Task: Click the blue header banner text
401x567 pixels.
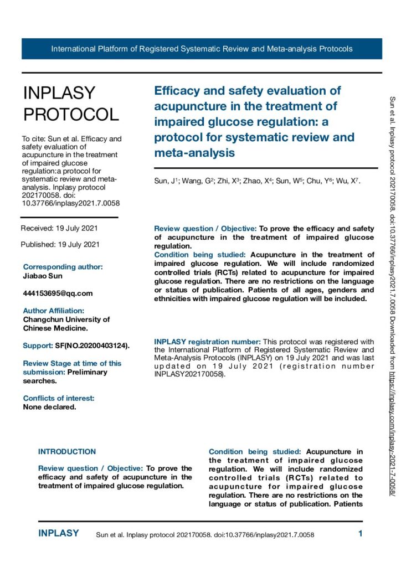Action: [202, 49]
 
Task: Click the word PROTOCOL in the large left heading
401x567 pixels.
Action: [71, 114]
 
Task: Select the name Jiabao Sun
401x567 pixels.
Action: [43, 275]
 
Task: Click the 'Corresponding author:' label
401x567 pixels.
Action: [63, 266]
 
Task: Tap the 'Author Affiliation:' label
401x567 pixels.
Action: [54, 311]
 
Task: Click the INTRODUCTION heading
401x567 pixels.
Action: [67, 452]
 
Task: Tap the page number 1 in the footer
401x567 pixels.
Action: [360, 534]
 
